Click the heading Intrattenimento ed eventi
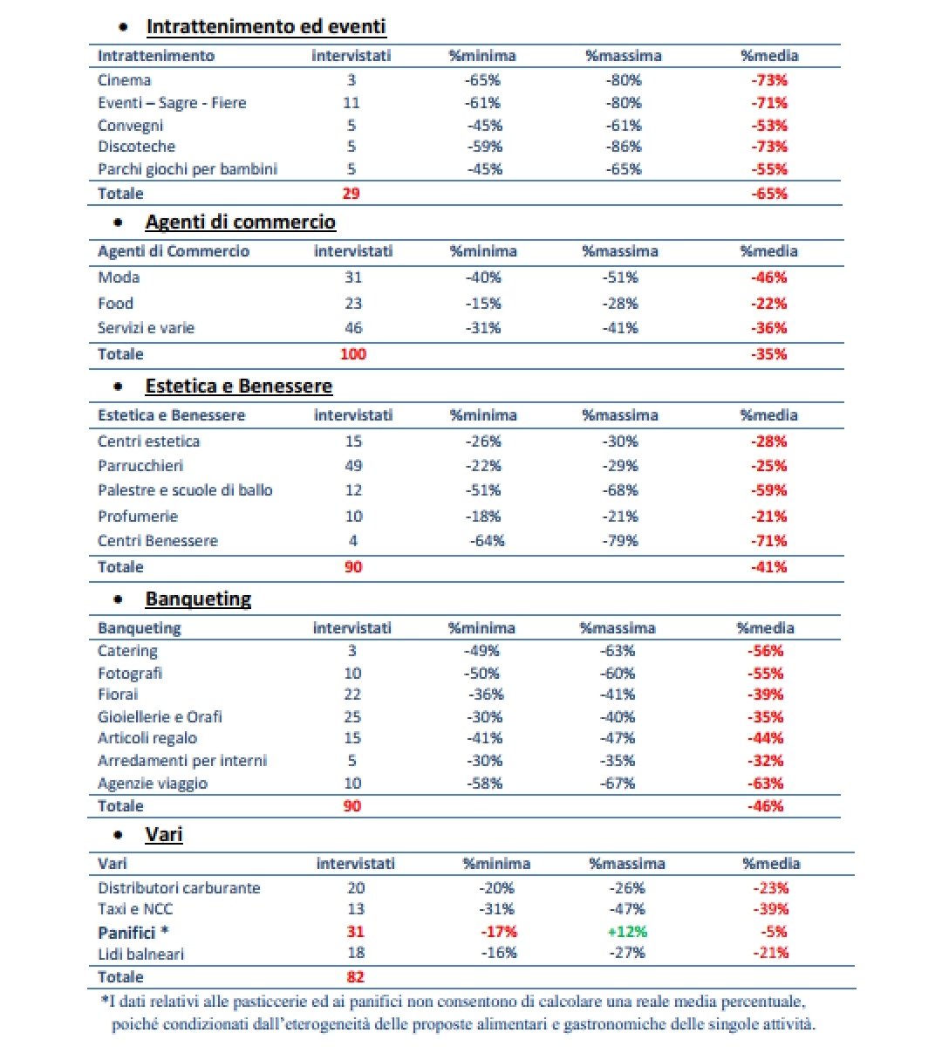(x=266, y=27)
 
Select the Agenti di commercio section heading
(x=240, y=222)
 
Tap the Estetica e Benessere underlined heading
(x=238, y=387)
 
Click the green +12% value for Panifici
(x=627, y=932)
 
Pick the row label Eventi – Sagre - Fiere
(x=172, y=103)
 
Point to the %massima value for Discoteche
(x=624, y=146)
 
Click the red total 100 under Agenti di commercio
(x=353, y=354)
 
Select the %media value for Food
(x=768, y=304)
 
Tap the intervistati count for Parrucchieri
(x=353, y=466)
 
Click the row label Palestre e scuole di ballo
(x=185, y=490)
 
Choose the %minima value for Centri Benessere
(x=487, y=541)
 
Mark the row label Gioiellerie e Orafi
(x=160, y=717)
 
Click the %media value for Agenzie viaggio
(x=765, y=784)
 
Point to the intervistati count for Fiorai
(x=352, y=695)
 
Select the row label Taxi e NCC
(x=135, y=908)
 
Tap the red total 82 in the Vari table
(x=355, y=977)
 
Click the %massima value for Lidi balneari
(x=627, y=953)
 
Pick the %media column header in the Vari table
(x=771, y=863)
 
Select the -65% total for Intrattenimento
(x=768, y=194)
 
